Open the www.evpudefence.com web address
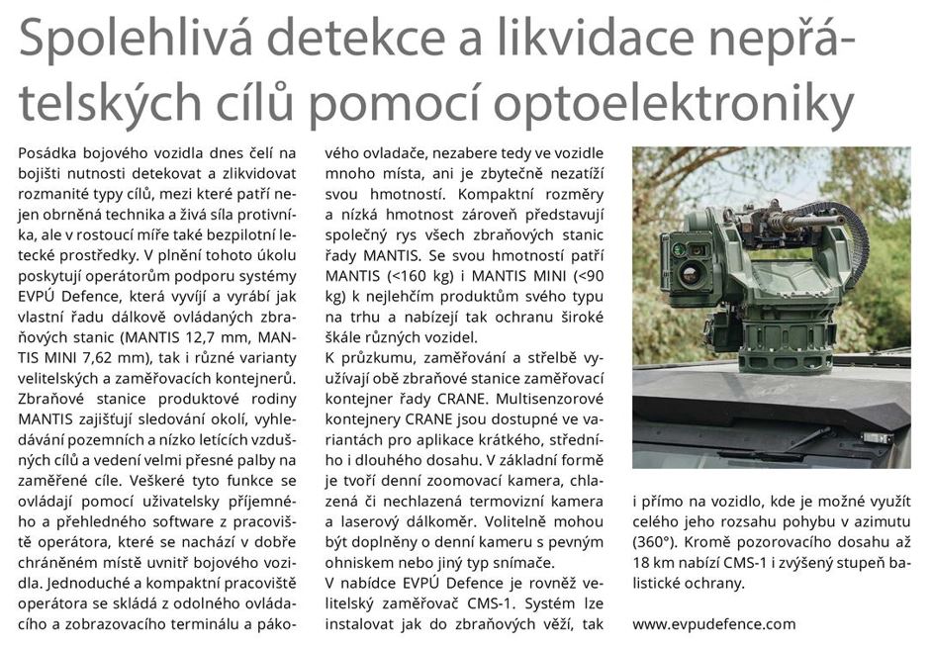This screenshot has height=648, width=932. [x=713, y=624]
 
